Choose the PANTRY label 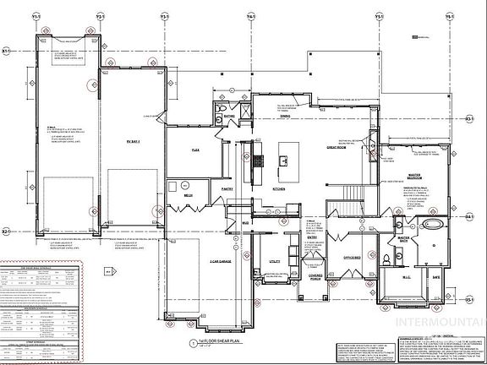(x=227, y=189)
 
